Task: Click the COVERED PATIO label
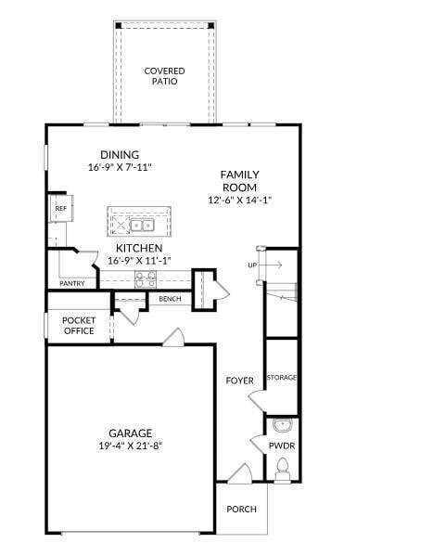click(x=164, y=76)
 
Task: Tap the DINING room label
click(x=120, y=155)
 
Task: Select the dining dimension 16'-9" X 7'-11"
click(x=120, y=168)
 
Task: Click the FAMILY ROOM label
click(x=239, y=181)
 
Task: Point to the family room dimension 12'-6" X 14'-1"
click(x=239, y=200)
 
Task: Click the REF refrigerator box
click(x=60, y=209)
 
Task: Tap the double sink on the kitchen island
click(x=142, y=225)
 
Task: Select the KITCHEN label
click(x=139, y=249)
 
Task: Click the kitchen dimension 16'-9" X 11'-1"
click(x=139, y=261)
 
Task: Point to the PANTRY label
click(x=72, y=283)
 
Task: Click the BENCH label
click(x=170, y=299)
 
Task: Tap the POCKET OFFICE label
click(x=79, y=325)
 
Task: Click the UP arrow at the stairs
click(x=263, y=265)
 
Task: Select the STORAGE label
click(x=281, y=378)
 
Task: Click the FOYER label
click(x=240, y=381)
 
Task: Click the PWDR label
click(x=281, y=446)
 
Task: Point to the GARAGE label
click(x=131, y=433)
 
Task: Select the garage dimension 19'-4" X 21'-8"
click(x=131, y=446)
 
